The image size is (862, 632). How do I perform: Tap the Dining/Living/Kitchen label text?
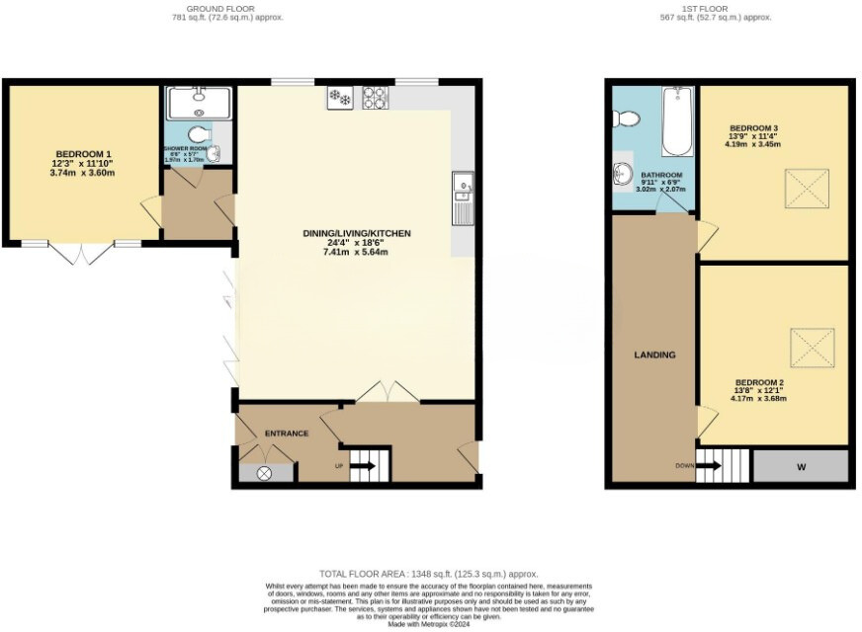pyautogui.click(x=357, y=234)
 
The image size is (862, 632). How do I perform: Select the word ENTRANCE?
pyautogui.click(x=286, y=434)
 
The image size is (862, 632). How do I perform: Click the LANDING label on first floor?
pyautogui.click(x=655, y=355)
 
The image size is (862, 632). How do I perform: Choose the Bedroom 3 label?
pyautogui.click(x=754, y=128)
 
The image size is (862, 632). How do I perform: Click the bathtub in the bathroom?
pyautogui.click(x=677, y=120)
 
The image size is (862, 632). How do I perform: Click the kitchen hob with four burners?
pyautogui.click(x=376, y=98)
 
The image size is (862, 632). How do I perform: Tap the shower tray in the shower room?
pyautogui.click(x=199, y=103)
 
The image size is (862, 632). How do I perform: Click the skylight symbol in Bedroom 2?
pyautogui.click(x=811, y=346)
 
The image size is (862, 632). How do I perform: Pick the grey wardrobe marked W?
pyautogui.click(x=801, y=465)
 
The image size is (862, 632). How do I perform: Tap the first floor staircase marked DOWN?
pyautogui.click(x=709, y=465)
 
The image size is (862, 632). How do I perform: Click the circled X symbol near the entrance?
pyautogui.click(x=264, y=473)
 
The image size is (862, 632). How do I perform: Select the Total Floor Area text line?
pyautogui.click(x=429, y=574)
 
